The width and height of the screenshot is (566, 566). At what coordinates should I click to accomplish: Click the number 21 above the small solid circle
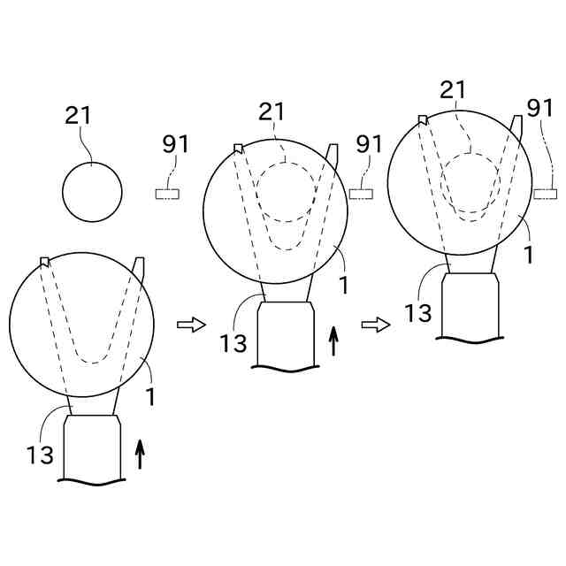point(78,115)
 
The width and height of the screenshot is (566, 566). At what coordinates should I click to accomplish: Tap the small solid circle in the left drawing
point(92,193)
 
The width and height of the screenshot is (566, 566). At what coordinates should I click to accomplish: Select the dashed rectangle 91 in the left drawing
point(168,194)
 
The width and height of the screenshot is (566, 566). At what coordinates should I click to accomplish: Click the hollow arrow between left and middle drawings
point(190,325)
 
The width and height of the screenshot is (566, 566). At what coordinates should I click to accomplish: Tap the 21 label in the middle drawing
point(272,111)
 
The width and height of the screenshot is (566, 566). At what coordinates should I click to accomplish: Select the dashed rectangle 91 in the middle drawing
point(361,191)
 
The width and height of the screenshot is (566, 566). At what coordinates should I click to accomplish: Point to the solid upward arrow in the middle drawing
point(333,340)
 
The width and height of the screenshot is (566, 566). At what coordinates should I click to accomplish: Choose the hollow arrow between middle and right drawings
point(377,325)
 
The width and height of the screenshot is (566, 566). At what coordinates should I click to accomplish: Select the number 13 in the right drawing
point(419,311)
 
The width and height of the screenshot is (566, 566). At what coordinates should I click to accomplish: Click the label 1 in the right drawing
point(528,255)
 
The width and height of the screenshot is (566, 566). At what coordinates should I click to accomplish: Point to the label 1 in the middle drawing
point(342,285)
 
